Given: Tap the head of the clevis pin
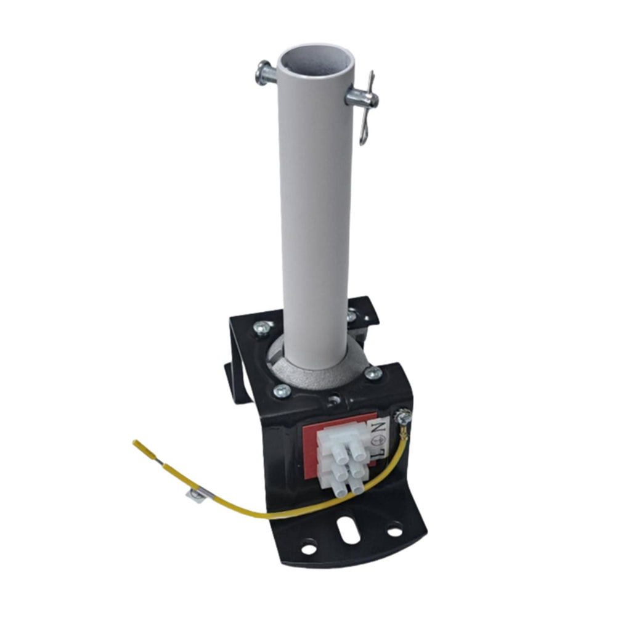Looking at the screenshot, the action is [x=262, y=73].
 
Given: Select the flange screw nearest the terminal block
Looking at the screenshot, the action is [x=281, y=390].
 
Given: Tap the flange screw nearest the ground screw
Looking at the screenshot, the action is [x=373, y=373].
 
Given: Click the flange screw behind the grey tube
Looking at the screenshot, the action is [x=351, y=315].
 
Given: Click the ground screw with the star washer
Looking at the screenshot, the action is [x=403, y=416].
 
